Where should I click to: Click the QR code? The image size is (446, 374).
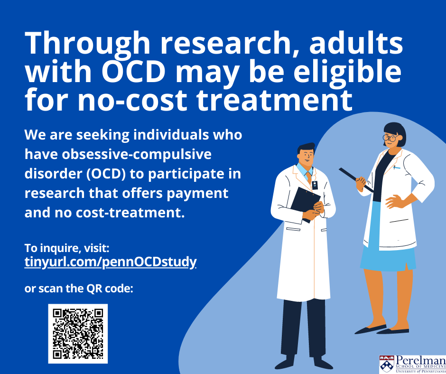(x=78, y=334)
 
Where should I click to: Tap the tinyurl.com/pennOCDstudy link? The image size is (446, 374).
(x=111, y=262)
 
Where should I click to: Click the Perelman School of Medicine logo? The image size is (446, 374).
(x=412, y=364)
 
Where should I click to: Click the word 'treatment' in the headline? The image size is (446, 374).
(x=274, y=100)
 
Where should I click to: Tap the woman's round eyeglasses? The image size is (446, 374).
(x=391, y=138)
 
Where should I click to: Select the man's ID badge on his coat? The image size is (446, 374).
(x=314, y=185)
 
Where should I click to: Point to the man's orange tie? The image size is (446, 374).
(x=308, y=177)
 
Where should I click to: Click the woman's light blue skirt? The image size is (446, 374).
(x=388, y=251)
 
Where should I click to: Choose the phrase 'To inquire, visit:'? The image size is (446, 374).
(x=67, y=248)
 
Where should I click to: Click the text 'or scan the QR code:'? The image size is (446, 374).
(x=79, y=289)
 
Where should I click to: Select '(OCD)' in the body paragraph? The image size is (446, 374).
(x=106, y=174)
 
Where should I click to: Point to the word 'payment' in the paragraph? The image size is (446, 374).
(x=197, y=194)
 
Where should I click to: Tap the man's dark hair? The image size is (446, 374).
(x=306, y=149)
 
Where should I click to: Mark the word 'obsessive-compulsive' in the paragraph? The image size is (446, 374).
(x=137, y=155)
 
